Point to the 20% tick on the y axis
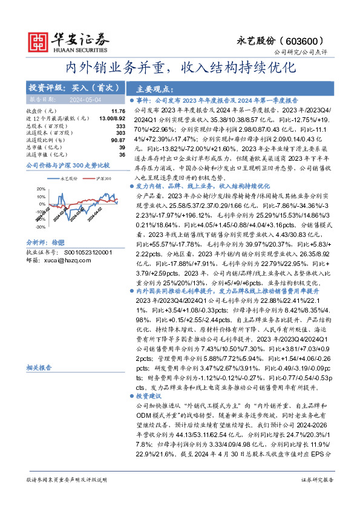40,189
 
